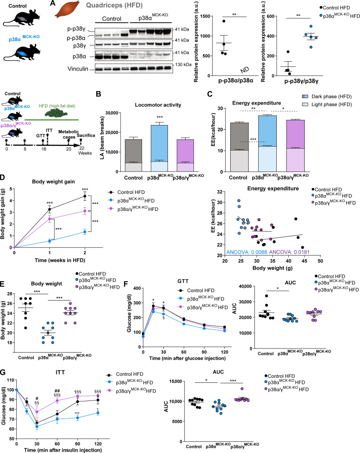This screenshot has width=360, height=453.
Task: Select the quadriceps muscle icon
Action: click(x=65, y=11)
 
